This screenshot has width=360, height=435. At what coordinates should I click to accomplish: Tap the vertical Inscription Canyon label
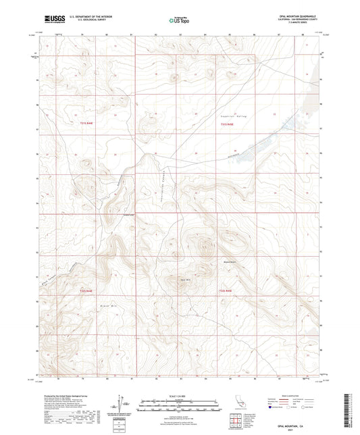pos(163,180)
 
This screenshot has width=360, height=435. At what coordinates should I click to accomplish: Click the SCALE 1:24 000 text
pos(179,395)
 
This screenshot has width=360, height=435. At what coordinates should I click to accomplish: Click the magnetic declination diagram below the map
pos(124,404)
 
